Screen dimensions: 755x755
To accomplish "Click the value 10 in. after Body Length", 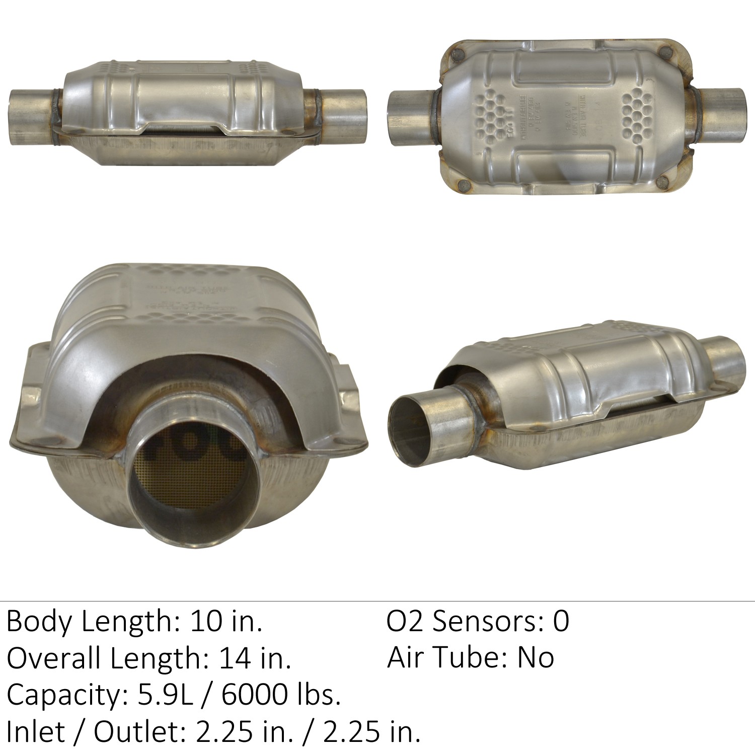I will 225,622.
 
